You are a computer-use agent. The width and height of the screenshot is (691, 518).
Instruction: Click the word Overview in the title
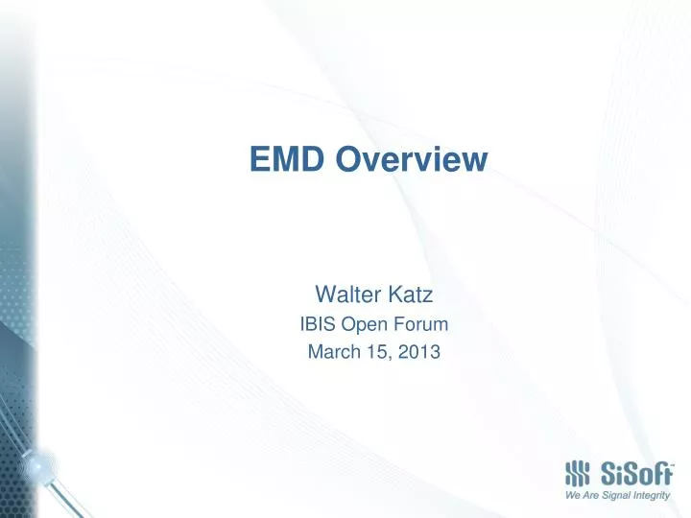413,159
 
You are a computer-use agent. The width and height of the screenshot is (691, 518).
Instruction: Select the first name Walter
345,292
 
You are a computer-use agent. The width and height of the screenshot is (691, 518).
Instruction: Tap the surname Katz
405,292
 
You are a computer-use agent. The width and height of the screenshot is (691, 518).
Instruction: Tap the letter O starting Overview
349,159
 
